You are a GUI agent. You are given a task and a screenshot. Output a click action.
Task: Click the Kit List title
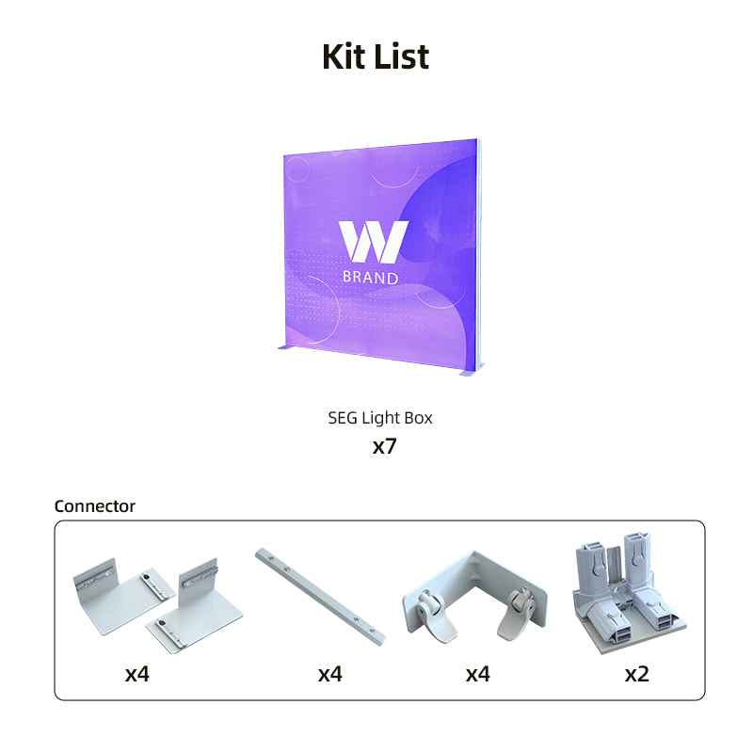pos(376,56)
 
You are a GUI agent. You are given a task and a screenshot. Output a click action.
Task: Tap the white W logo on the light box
pos(373,242)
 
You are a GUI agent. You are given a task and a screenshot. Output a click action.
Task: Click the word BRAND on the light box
pos(370,277)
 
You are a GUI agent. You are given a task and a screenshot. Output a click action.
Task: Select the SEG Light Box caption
pos(380,418)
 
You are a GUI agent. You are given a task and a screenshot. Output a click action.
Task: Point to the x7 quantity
pos(384,446)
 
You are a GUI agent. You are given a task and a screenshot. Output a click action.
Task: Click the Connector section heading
pos(95,506)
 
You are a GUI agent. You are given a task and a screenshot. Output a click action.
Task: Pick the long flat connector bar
pos(320,597)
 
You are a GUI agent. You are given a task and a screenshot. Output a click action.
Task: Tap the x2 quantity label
pos(637,674)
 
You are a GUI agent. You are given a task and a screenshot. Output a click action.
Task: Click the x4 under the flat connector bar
pos(330,674)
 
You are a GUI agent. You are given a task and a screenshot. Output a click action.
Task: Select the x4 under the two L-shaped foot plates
pos(136,674)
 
